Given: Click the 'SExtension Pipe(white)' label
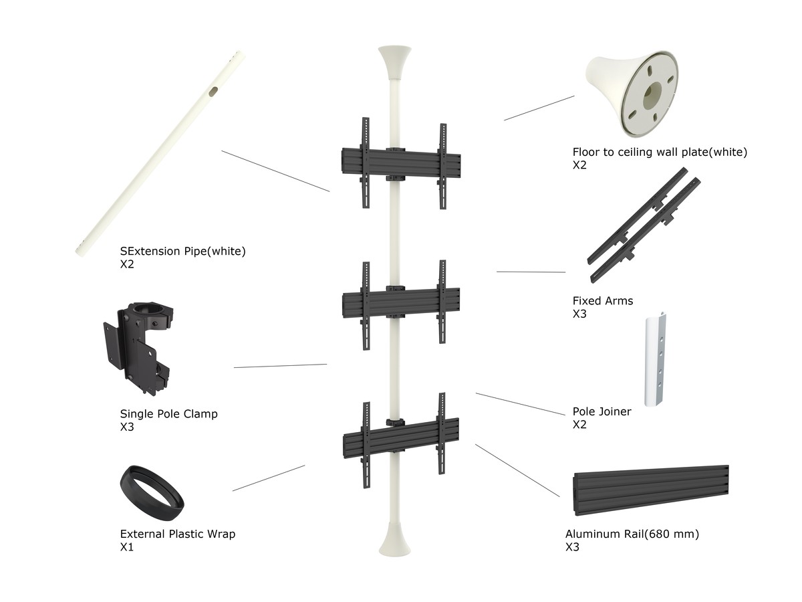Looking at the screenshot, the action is (182, 251).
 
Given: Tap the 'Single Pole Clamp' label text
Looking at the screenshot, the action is (169, 413).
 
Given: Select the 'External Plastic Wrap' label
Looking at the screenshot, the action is (178, 534).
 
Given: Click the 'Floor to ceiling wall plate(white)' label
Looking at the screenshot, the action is (660, 152).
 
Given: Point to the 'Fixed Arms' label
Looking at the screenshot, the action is (603, 300).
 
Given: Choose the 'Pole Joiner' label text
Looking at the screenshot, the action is (601, 411).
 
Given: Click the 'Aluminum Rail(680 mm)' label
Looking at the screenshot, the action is (632, 534).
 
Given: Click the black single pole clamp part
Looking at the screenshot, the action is (139, 347).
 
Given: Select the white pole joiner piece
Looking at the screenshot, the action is (655, 359).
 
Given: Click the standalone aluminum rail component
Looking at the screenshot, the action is (651, 490).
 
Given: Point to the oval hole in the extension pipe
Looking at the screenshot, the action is (213, 92).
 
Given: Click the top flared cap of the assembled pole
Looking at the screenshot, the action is (394, 62).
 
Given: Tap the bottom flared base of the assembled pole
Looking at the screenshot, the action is (394, 541).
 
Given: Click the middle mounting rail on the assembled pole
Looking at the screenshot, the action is (401, 302).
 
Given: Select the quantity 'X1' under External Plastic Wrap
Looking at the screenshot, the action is (127, 546).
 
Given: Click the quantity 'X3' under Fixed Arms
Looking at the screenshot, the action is (579, 314).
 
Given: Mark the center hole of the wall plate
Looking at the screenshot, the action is (652, 94).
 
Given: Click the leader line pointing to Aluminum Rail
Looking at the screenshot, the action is (517, 470).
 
